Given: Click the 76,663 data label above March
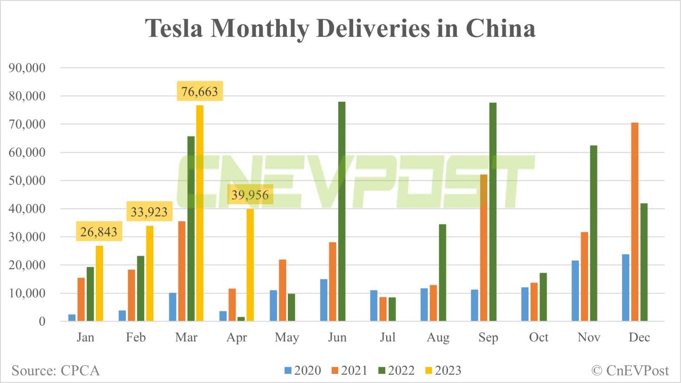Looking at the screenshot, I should click(x=200, y=92).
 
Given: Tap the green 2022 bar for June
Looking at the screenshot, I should click(x=342, y=211).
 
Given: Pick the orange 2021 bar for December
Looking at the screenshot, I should click(x=635, y=222).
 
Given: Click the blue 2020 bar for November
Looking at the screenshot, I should click(x=575, y=291).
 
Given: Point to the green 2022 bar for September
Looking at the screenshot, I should click(x=493, y=212).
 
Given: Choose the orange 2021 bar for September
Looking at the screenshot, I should click(x=484, y=248).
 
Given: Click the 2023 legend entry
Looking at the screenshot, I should click(x=443, y=371).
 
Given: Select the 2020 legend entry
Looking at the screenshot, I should click(x=303, y=371).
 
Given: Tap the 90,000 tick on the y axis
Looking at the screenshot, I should click(x=27, y=68).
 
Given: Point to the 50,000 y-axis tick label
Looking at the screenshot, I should click(x=27, y=181).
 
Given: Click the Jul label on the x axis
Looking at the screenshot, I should click(x=387, y=338).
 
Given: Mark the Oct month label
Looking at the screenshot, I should click(x=538, y=338).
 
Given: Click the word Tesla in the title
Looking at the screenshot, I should click(x=174, y=28).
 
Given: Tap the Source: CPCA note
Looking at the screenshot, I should click(x=55, y=371).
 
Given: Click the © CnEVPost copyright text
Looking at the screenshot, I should click(x=630, y=371).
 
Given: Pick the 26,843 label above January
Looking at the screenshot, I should click(x=99, y=232).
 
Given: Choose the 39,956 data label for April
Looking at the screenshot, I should click(x=250, y=195).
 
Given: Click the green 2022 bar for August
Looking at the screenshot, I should click(x=443, y=273).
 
